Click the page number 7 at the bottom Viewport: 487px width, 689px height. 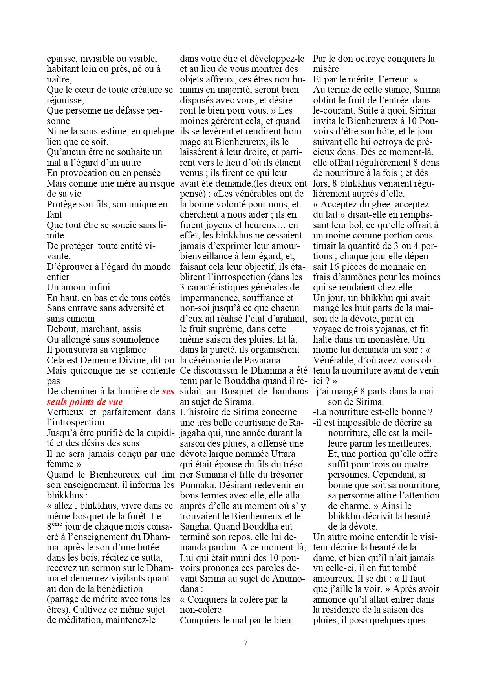245,643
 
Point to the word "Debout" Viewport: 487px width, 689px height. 60,329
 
